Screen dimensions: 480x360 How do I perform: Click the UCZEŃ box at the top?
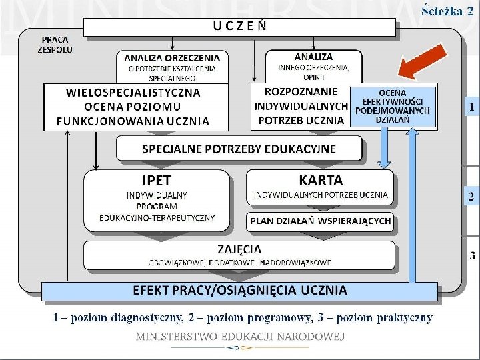point(240,27)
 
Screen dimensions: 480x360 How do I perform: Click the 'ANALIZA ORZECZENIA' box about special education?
point(172,67)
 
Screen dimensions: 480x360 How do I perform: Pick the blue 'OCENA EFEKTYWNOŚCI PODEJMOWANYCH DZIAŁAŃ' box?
point(393,106)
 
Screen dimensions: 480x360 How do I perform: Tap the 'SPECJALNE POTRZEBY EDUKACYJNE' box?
point(239,149)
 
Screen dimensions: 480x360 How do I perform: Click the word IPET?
point(157,181)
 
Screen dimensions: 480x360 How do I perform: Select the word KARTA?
point(321,180)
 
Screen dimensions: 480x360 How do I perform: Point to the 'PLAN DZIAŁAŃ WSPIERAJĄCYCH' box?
point(321,221)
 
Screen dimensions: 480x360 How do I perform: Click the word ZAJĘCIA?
point(239,249)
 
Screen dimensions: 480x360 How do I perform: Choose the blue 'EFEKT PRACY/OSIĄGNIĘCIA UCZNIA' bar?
point(240,290)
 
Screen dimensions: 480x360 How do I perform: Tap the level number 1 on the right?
point(471,106)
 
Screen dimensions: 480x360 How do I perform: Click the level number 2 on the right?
point(471,196)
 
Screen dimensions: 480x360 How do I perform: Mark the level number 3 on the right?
point(472,255)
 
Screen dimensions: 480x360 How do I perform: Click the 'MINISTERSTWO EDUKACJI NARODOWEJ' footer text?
point(240,337)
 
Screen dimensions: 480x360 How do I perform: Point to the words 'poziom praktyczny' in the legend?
point(393,317)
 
